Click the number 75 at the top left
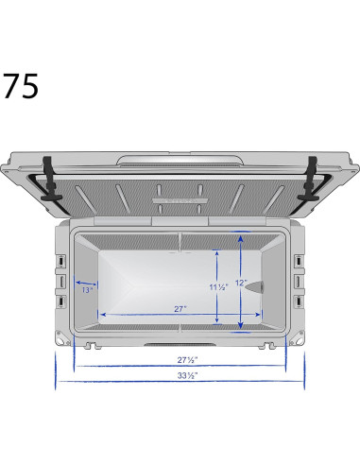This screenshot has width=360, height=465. pos(20,86)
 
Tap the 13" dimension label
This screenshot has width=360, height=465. pos(87,290)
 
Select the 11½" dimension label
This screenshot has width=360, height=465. pos(216,286)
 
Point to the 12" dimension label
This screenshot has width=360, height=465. pos(242,283)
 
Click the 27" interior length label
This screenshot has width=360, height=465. pos(180,308)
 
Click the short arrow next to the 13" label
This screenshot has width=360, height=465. pos(86,282)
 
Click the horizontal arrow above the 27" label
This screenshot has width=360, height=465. pos(180,316)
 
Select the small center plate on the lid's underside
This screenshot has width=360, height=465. pos(180,199)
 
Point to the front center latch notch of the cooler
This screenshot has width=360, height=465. pos(180,345)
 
